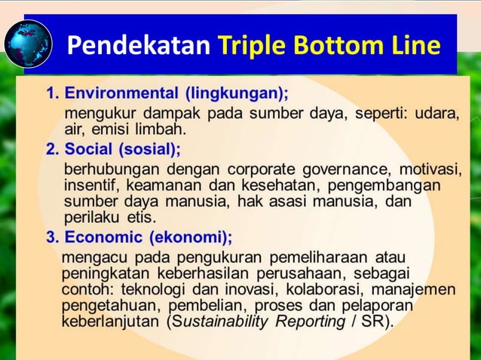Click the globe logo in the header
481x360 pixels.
pyautogui.click(x=28, y=44)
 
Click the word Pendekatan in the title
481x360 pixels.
pyautogui.click(x=138, y=46)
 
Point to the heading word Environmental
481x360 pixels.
pyautogui.click(x=122, y=94)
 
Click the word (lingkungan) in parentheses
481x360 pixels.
pyautogui.click(x=237, y=94)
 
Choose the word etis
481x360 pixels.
pyautogui.click(x=141, y=217)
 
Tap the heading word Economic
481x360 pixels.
pyautogui.click(x=104, y=237)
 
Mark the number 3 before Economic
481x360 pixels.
pyautogui.click(x=51, y=237)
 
